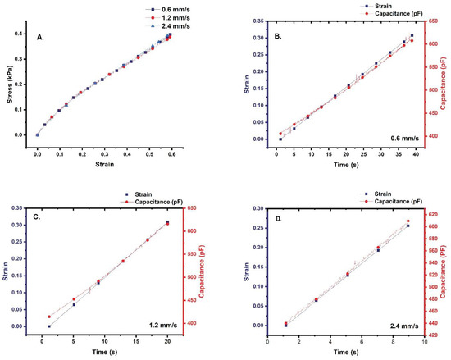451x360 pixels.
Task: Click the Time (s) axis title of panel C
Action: pyautogui.click(x=108, y=349)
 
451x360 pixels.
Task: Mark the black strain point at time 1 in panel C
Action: pyautogui.click(x=49, y=326)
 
